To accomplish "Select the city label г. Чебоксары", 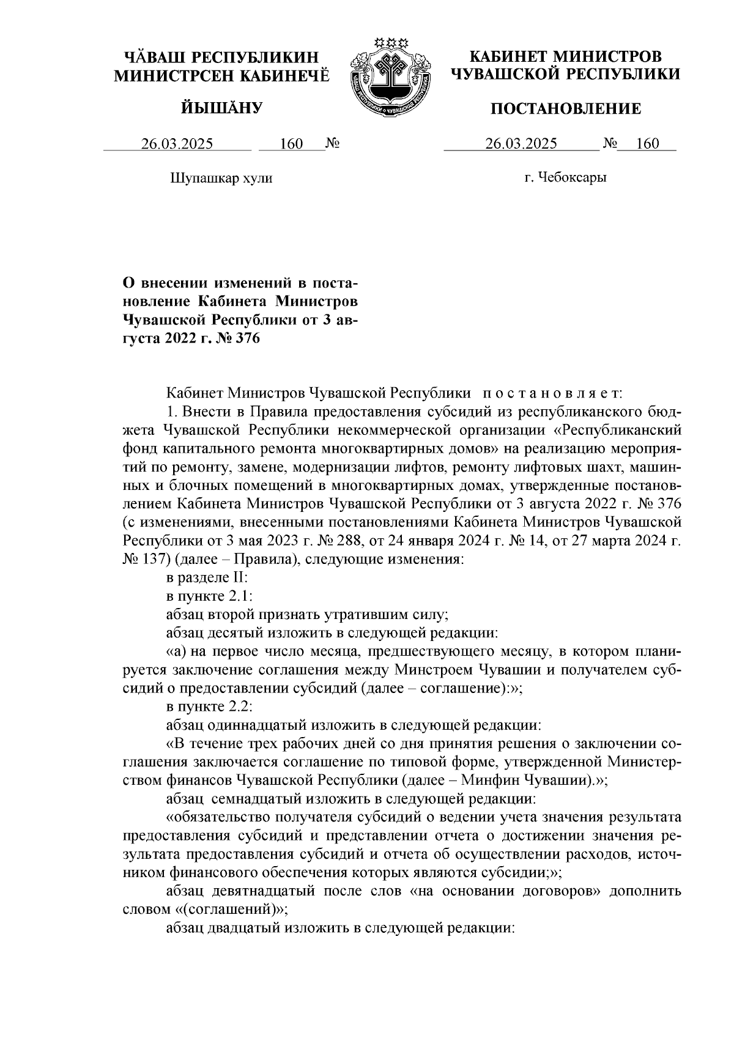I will (x=565, y=178).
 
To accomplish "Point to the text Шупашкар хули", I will (x=220, y=178).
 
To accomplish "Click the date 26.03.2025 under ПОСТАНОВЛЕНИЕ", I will (x=521, y=144).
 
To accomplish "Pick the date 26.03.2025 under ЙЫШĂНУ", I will (x=177, y=144).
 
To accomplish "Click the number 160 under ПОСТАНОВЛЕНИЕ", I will (x=647, y=144).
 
